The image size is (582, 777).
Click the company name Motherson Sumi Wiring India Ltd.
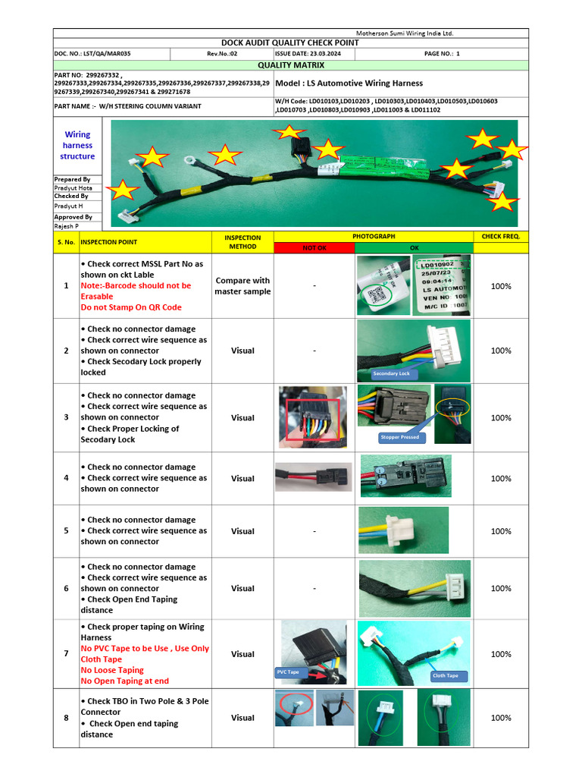[405, 33]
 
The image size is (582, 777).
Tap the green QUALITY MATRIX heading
[290, 65]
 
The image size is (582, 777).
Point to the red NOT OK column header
[314, 247]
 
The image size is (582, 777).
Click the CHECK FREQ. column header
[500, 237]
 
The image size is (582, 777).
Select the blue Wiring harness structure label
[77, 145]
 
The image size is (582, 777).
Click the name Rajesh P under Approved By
[67, 225]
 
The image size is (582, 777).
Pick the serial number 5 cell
[66, 531]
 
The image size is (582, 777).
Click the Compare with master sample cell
[242, 286]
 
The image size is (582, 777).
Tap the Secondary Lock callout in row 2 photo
[391, 373]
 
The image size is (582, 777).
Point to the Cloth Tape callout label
[445, 675]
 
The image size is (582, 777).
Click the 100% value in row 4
[500, 479]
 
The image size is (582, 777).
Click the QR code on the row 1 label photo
[374, 295]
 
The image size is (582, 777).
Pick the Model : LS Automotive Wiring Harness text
[349, 83]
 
